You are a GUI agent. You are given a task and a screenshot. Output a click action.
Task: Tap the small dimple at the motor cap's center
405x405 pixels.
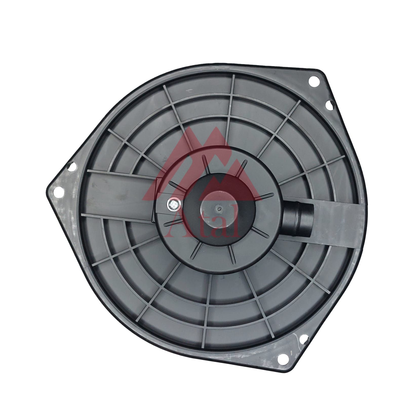click(x=219, y=209)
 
